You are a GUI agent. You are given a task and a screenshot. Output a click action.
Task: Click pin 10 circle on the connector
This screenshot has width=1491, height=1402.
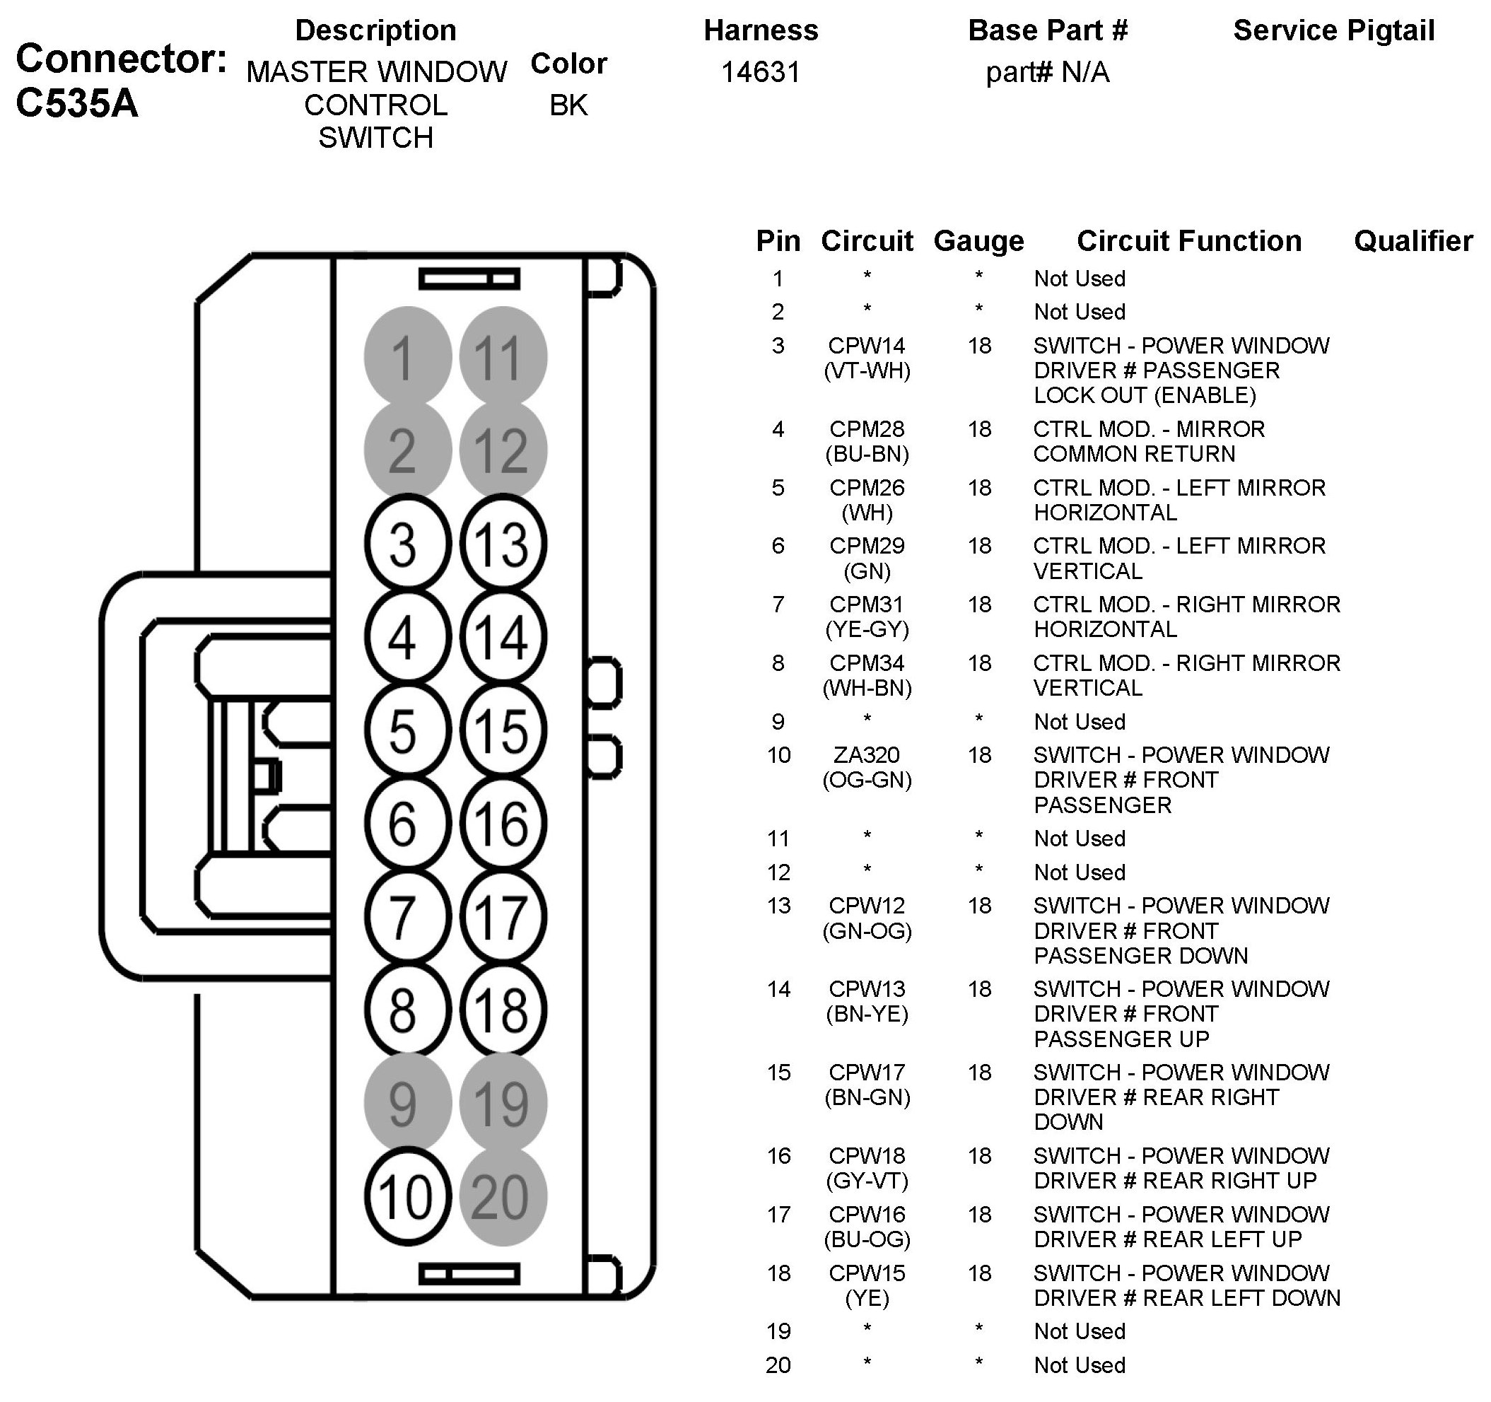[407, 1196]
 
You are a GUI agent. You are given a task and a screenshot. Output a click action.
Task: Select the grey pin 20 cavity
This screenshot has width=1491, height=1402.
[503, 1196]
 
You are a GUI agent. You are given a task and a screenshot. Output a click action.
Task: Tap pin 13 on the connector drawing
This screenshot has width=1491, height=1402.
[503, 543]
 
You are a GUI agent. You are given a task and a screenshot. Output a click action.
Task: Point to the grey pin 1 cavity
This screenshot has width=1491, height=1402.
[407, 356]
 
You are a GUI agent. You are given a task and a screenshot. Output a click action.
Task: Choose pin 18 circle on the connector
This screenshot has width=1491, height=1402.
[503, 1010]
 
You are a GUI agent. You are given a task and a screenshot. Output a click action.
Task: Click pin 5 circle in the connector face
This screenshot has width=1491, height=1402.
[407, 730]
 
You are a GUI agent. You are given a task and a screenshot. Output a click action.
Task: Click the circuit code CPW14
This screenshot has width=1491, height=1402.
[867, 346]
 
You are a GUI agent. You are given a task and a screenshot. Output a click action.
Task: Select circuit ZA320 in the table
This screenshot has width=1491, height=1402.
[867, 754]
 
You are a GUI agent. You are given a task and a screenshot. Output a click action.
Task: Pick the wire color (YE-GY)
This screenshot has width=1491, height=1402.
[867, 629]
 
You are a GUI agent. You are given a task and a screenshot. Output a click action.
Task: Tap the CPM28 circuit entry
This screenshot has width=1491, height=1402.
[867, 429]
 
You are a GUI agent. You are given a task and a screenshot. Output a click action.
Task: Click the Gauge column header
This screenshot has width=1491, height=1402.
[978, 242]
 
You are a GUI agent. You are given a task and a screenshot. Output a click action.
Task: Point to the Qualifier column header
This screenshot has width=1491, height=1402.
[1413, 242]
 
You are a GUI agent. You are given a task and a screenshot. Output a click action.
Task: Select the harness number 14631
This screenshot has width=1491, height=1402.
[761, 72]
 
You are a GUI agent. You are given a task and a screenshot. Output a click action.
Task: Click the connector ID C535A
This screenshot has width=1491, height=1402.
[77, 103]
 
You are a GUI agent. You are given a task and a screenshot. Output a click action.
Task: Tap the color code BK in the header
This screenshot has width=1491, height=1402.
[568, 105]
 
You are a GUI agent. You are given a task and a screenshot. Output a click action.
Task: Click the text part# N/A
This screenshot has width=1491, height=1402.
[1047, 72]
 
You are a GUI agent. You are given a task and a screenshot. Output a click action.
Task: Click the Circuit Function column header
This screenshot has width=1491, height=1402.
[1188, 242]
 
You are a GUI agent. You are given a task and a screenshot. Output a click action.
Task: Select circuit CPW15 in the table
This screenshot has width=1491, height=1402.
[867, 1273]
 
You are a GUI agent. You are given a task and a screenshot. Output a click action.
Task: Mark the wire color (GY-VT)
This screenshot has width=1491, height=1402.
[867, 1181]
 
